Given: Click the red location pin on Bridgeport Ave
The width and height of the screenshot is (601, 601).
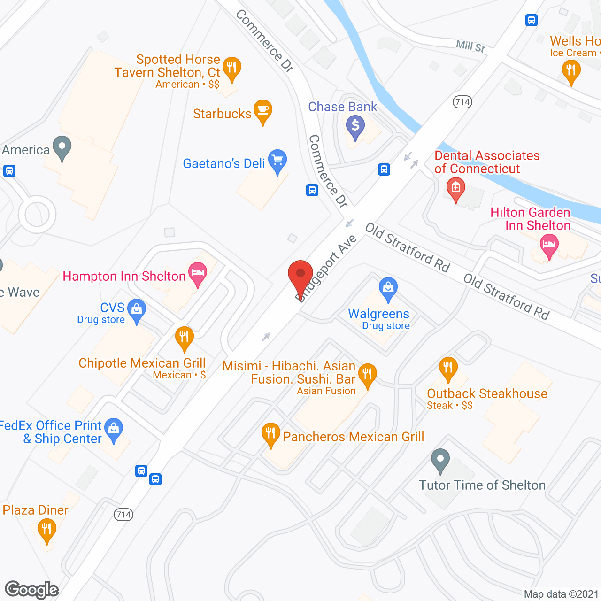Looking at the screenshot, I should click(x=300, y=275).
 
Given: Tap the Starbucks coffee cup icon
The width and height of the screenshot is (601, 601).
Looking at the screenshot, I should click(x=262, y=111).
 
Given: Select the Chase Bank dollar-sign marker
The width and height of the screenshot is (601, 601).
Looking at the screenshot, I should click(x=355, y=126).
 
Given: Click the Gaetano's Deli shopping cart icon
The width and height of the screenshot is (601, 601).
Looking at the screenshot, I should click(x=277, y=161).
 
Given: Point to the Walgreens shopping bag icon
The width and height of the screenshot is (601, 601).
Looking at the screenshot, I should click(x=388, y=287).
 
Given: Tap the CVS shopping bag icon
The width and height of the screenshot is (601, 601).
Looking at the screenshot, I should click(x=137, y=310).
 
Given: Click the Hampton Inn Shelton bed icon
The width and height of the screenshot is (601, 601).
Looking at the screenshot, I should click(x=198, y=273).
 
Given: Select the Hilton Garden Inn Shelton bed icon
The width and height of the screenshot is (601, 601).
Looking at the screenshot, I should click(x=549, y=245).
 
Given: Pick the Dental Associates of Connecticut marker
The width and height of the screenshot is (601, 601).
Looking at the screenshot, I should click(x=455, y=189).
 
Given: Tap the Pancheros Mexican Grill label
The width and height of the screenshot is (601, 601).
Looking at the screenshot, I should click(x=353, y=437).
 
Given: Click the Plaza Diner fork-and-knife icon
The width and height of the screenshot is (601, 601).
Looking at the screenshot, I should click(x=46, y=530).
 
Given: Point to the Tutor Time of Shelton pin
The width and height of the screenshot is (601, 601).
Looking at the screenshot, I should click(x=440, y=460).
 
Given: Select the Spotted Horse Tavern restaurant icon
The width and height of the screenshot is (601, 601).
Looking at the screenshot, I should click(x=231, y=68).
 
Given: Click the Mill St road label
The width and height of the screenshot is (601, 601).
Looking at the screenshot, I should click(x=470, y=46).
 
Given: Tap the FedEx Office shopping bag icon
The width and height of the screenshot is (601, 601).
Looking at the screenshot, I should click(x=114, y=429).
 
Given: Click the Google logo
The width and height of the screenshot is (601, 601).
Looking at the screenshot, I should click(x=32, y=590).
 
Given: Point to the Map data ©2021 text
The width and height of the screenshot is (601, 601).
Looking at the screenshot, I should click(x=561, y=594).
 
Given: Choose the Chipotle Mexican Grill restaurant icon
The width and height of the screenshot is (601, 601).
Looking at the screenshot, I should click(x=184, y=337).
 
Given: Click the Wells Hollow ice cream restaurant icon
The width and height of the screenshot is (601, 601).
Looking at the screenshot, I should click(x=571, y=72).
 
